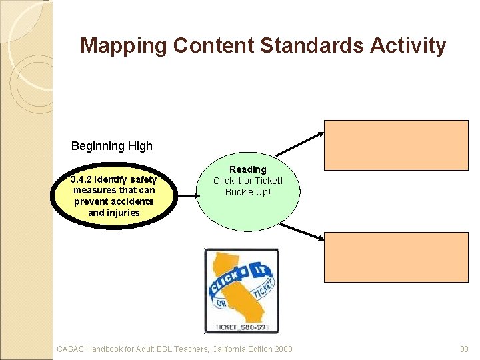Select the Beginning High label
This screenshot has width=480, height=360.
(x=112, y=146)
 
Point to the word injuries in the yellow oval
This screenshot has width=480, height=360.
(x=123, y=213)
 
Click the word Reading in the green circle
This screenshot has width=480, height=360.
(x=247, y=170)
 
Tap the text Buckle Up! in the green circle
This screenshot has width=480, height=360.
(x=247, y=193)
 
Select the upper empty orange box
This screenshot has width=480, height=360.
(x=397, y=145)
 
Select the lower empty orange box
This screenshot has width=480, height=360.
(x=397, y=257)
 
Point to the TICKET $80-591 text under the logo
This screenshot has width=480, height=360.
(x=241, y=327)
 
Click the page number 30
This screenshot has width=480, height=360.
(x=465, y=349)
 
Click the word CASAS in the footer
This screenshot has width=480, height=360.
(x=71, y=349)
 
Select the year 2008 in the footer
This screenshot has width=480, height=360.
(x=282, y=349)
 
